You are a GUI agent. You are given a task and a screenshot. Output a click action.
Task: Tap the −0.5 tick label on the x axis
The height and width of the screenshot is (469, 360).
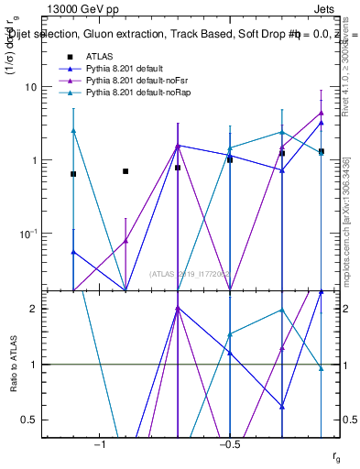[x=229, y=443]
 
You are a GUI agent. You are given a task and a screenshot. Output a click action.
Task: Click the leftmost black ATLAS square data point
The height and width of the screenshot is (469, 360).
[x=73, y=174]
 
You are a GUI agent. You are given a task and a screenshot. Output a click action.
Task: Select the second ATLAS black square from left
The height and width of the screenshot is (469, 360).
[x=125, y=171]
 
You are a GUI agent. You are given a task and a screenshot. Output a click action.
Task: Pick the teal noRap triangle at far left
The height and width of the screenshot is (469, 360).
[x=73, y=131]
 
